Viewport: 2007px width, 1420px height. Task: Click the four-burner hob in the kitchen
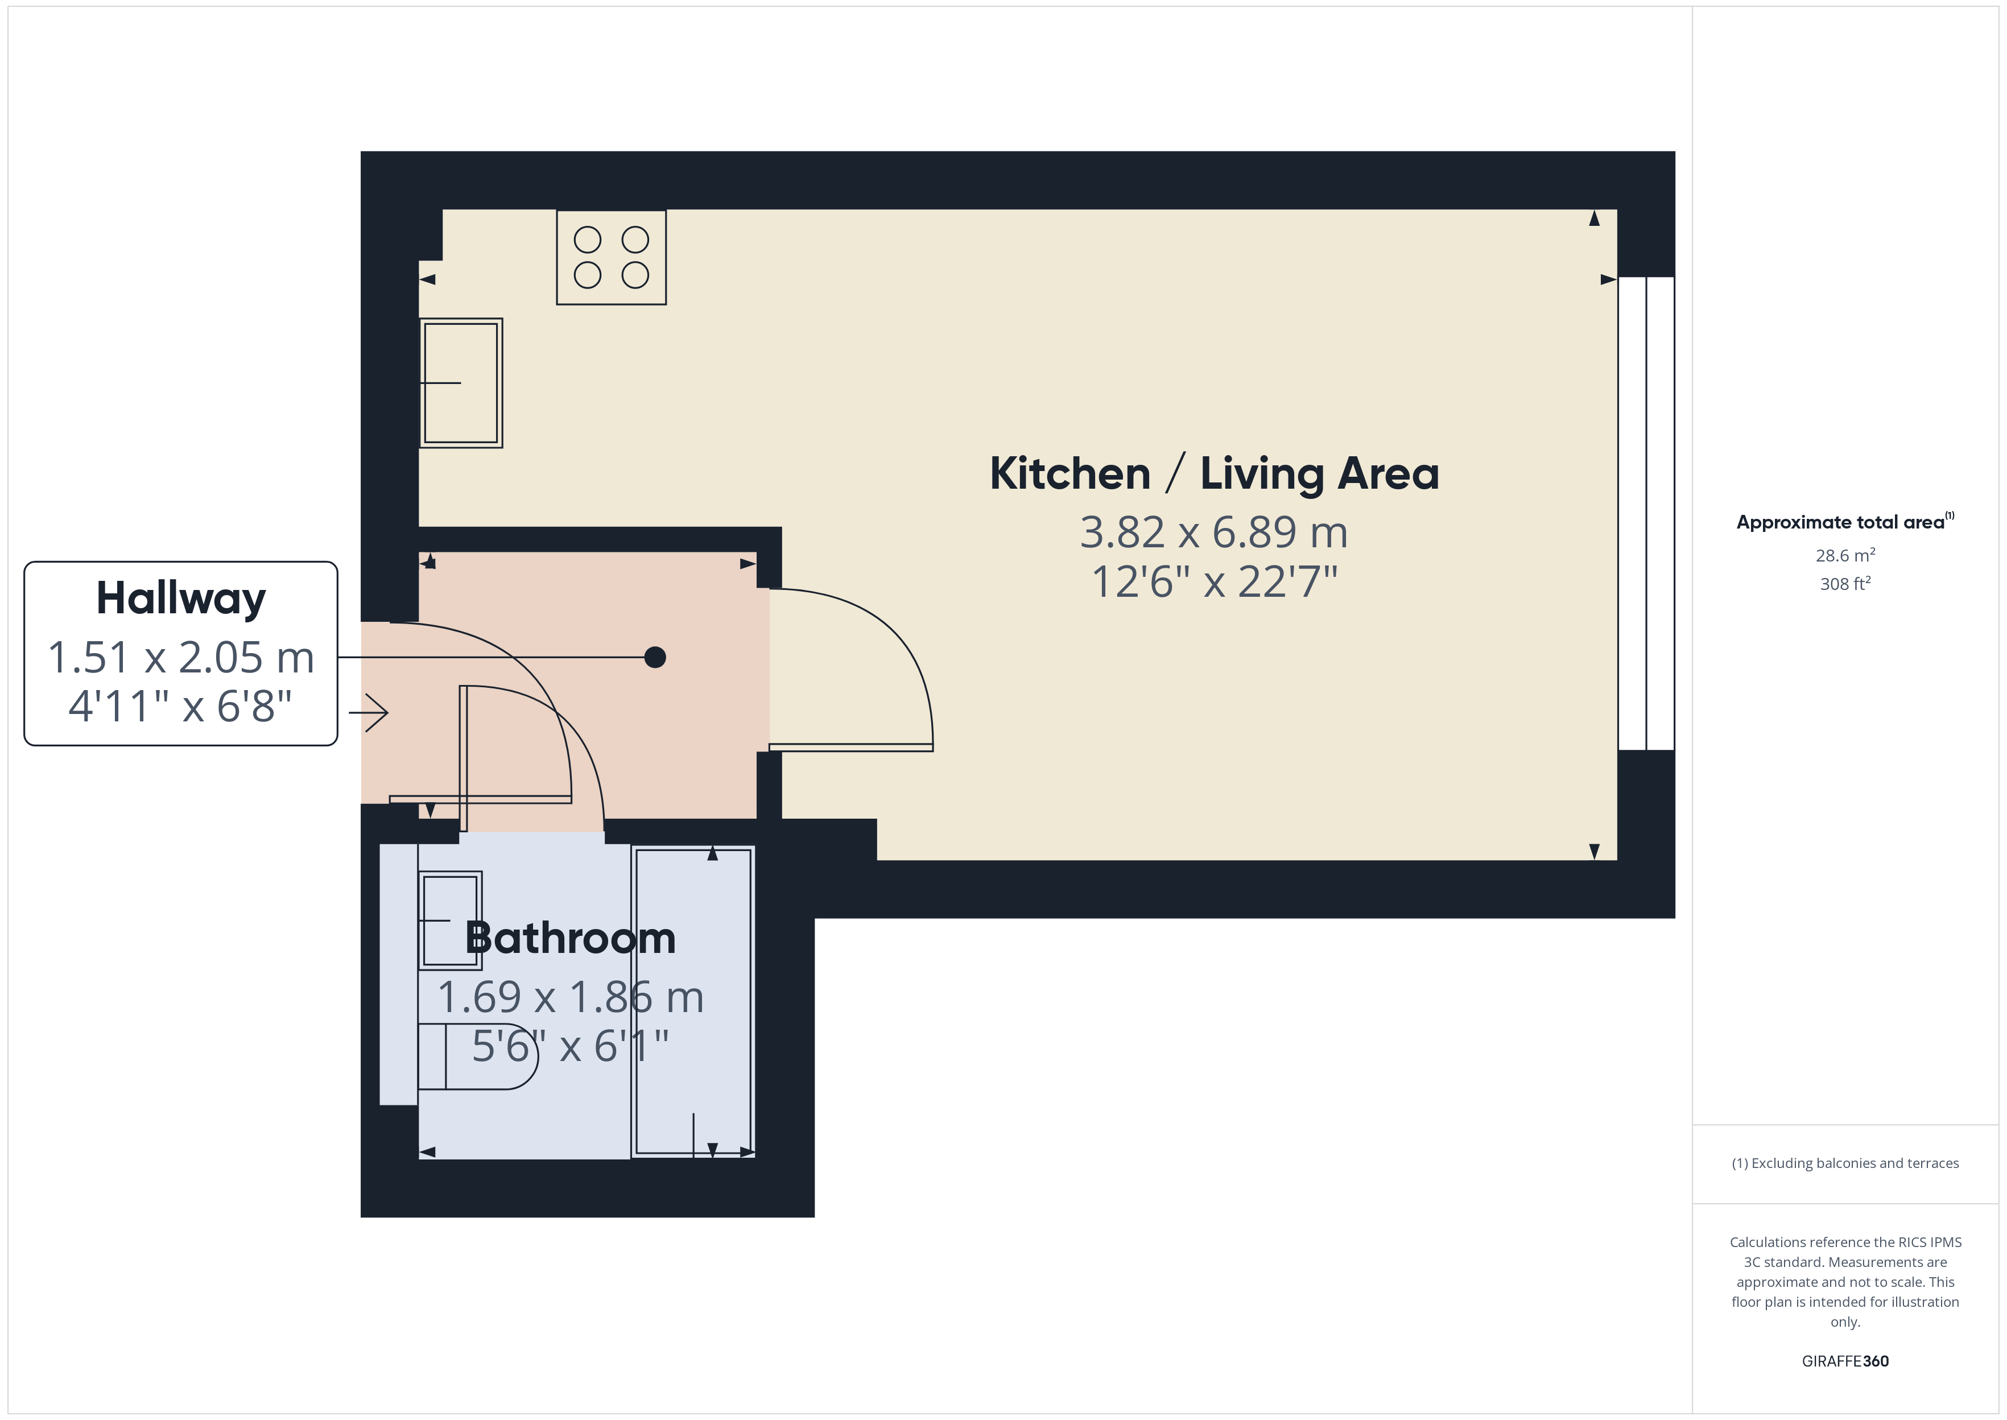[611, 257]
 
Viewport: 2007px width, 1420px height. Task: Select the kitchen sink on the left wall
[461, 383]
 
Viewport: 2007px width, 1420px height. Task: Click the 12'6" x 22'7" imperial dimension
[1214, 581]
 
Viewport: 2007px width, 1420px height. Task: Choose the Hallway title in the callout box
[181, 599]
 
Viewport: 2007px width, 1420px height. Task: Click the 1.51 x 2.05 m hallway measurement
[181, 658]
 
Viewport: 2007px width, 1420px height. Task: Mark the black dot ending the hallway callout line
[655, 657]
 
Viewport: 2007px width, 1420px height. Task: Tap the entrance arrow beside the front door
[368, 713]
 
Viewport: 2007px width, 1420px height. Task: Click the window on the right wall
[1646, 513]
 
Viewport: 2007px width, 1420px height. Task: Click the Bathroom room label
[571, 938]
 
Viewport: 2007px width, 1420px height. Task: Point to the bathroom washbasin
[450, 920]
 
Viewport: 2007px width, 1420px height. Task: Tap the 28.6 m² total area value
[1845, 555]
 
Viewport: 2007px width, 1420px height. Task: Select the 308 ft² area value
[1845, 583]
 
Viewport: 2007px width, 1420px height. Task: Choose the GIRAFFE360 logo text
[1845, 1361]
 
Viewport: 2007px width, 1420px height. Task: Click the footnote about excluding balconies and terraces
[1845, 1163]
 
